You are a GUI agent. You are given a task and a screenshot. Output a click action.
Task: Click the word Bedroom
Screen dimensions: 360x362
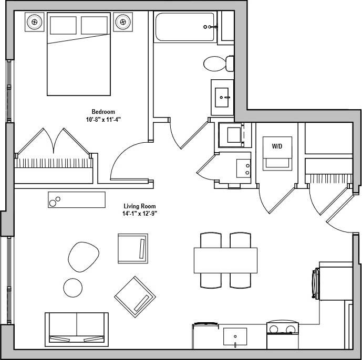tap(103, 112)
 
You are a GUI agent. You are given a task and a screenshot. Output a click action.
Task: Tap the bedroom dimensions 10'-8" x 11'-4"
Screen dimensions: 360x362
tap(103, 119)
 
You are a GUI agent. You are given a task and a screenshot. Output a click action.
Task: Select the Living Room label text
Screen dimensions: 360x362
tap(140, 206)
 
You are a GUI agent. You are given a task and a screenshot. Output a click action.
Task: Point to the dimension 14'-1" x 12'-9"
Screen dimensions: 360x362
tap(140, 214)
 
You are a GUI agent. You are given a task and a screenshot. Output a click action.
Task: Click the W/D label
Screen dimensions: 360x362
tap(277, 146)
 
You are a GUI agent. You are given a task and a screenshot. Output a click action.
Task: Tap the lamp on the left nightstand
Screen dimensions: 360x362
tap(35, 22)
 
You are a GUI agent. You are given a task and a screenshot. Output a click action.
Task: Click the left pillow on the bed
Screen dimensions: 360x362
tap(63, 25)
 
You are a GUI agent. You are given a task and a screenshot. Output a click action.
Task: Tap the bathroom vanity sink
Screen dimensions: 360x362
tap(223, 97)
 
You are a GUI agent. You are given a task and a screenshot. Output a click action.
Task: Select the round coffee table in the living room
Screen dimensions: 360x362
tap(73, 287)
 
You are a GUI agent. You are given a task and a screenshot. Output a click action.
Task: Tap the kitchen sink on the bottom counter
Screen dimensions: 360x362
tap(235, 336)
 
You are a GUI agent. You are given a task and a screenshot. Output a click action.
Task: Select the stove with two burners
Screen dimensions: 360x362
tap(282, 330)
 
